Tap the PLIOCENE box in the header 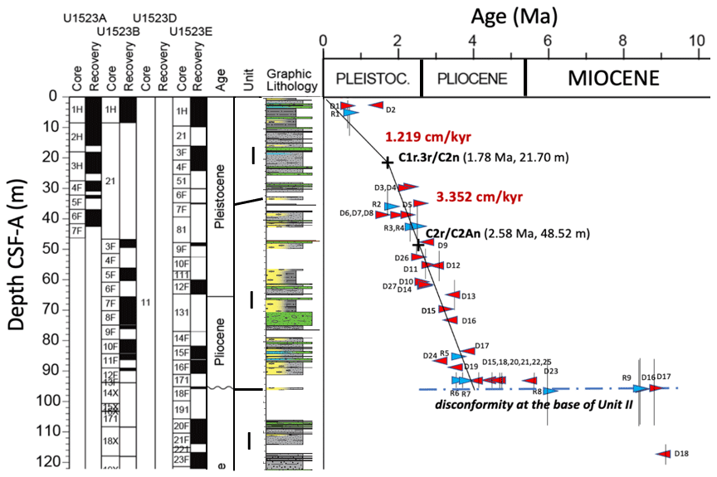(472, 79)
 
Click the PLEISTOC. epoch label (373, 79)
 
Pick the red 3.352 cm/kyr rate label (471, 197)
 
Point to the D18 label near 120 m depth (681, 453)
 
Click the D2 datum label (390, 110)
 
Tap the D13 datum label (468, 296)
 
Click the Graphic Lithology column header (291, 80)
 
